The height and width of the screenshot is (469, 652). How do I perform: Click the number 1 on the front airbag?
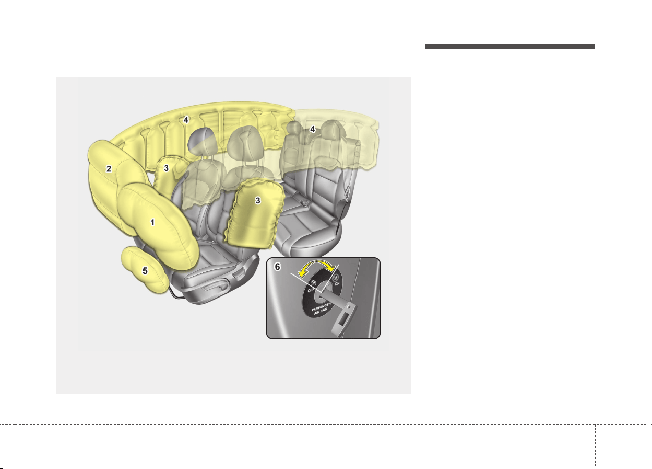tap(152, 222)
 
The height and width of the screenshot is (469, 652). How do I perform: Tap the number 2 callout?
tap(109, 169)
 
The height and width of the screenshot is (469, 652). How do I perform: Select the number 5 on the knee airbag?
tap(145, 271)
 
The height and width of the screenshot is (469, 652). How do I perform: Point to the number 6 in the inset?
tap(277, 267)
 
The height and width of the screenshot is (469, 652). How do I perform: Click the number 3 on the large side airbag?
tap(257, 201)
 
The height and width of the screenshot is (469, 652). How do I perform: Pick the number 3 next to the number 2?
tap(166, 168)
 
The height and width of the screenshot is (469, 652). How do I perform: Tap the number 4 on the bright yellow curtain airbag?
tap(186, 120)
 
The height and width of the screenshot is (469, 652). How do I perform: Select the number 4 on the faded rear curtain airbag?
tap(312, 129)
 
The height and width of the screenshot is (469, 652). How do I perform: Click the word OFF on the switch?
tap(311, 290)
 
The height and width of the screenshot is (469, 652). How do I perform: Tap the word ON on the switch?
tap(337, 283)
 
